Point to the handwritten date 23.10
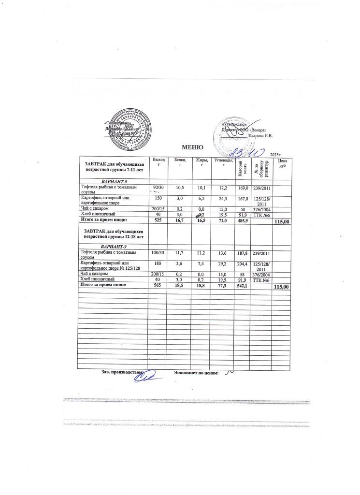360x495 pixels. point(246,152)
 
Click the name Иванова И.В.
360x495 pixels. point(260,135)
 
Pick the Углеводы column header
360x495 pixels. point(222,162)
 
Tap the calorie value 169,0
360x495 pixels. point(241,188)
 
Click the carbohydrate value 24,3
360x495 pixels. point(222,198)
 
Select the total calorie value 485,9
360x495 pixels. point(242,220)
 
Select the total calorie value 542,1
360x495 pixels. point(242,286)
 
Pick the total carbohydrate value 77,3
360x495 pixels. point(222,286)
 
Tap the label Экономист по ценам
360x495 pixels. point(196,373)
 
